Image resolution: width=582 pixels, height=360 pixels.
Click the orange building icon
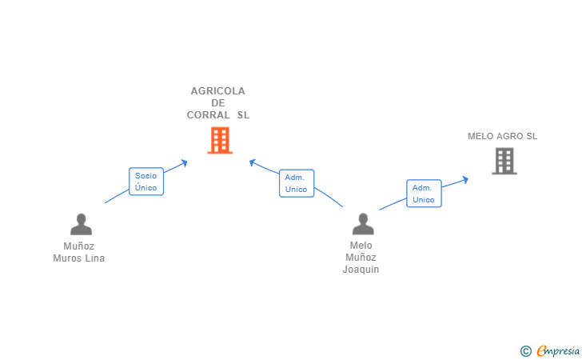(x=220, y=140)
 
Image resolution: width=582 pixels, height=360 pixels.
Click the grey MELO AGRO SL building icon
(x=504, y=161)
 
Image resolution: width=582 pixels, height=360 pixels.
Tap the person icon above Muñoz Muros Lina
(x=81, y=225)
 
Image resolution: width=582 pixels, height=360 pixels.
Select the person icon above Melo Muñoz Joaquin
(x=362, y=225)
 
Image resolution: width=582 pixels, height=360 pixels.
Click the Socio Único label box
(x=146, y=182)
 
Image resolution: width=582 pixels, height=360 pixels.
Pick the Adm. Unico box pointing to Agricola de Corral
(x=297, y=183)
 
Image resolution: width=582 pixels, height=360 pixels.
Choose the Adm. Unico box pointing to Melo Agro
(x=424, y=194)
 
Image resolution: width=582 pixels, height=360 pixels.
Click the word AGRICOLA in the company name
(x=218, y=91)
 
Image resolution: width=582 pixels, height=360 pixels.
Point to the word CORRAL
(x=209, y=115)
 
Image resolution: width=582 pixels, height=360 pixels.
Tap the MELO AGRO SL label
(x=503, y=136)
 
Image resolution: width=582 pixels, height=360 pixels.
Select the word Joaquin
(x=361, y=270)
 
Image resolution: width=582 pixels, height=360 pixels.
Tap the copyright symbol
(x=526, y=350)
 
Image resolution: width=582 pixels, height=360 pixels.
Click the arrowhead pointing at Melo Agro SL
(x=465, y=179)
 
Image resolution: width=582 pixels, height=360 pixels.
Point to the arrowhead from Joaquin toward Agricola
(x=252, y=162)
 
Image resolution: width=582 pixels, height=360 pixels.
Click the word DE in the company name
(x=218, y=103)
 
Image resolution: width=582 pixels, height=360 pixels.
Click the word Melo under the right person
(x=361, y=246)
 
